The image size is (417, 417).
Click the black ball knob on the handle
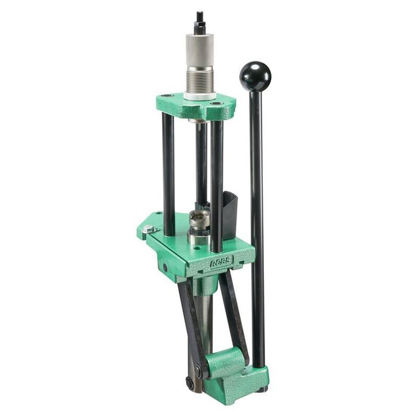tap(255, 76)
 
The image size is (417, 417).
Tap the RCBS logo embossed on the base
tap(222, 260)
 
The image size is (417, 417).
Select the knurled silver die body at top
tap(200, 51)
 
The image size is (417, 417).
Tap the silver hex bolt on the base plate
tap(147, 229)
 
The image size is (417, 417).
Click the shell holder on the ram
tap(198, 219)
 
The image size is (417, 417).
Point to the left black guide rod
tap(169, 173)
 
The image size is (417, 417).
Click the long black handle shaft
tap(257, 226)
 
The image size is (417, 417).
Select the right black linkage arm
tap(234, 316)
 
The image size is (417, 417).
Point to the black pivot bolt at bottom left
tap(190, 382)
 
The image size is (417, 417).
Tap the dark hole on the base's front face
tap(165, 267)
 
